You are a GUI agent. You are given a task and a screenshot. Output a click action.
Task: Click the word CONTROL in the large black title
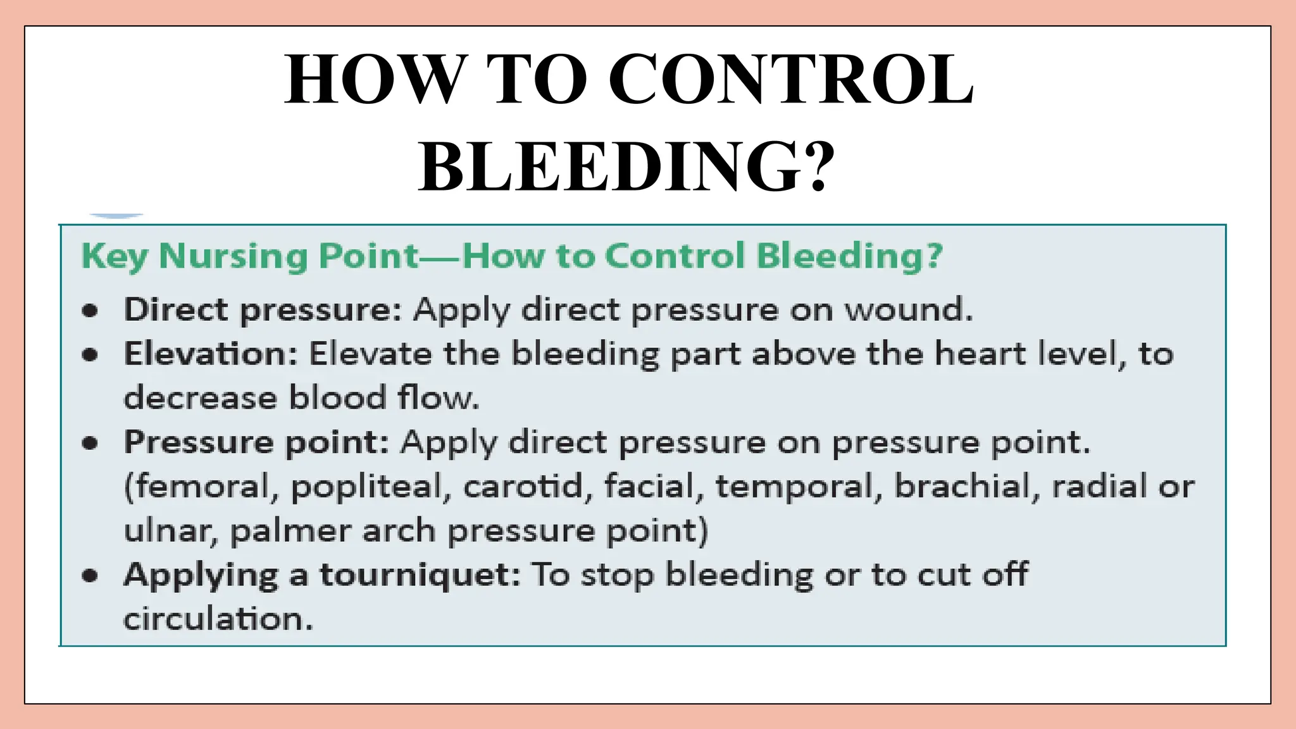[x=791, y=80]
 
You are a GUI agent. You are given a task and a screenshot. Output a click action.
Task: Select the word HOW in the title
[x=373, y=80]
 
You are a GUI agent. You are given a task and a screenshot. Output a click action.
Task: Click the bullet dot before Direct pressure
[x=90, y=311]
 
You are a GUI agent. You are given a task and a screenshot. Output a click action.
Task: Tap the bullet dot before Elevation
[x=90, y=355]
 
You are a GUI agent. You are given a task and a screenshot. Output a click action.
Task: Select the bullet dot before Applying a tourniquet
[x=90, y=576]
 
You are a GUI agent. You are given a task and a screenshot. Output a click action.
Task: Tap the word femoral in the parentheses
[x=202, y=487]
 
